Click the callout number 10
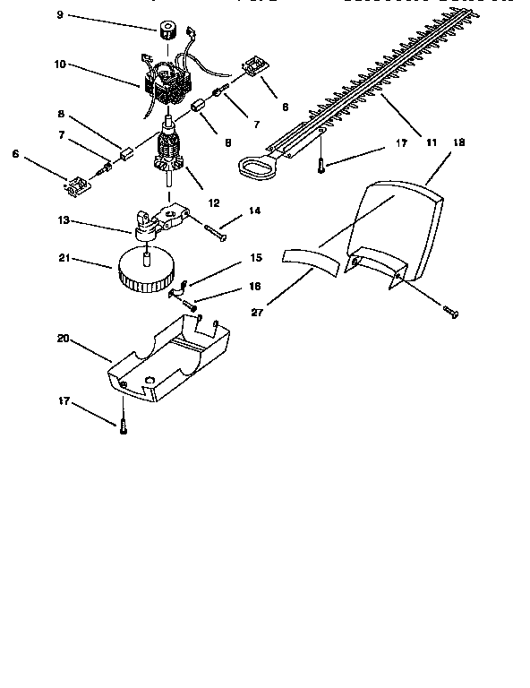coord(60,65)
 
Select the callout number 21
coord(64,259)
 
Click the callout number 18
coord(459,142)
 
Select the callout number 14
coord(254,211)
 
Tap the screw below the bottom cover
coord(123,427)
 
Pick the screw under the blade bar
coord(321,164)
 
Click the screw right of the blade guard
coord(451,312)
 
